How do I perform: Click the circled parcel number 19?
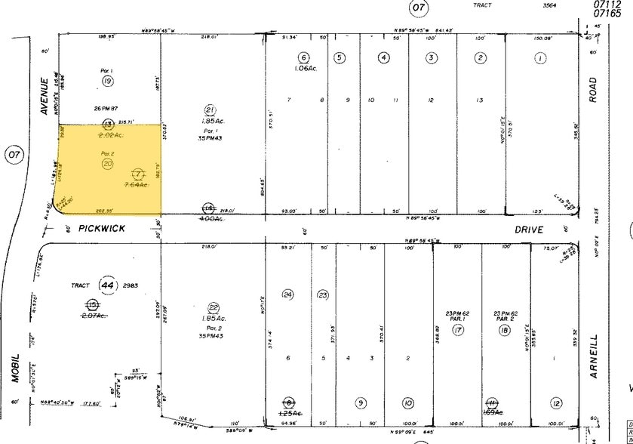coord(108,81)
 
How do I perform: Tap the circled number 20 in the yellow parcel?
coord(108,163)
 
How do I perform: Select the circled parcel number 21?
coord(211,109)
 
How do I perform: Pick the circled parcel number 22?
coord(213,307)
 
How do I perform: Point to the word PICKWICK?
coord(101,227)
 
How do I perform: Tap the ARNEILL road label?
coord(594,356)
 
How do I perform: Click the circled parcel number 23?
coord(323,294)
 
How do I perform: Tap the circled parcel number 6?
coord(304,57)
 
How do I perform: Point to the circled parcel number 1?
coord(540,57)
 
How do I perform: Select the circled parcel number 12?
coord(557,402)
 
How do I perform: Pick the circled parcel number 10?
coord(408,402)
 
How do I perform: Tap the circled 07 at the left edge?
coord(14,156)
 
